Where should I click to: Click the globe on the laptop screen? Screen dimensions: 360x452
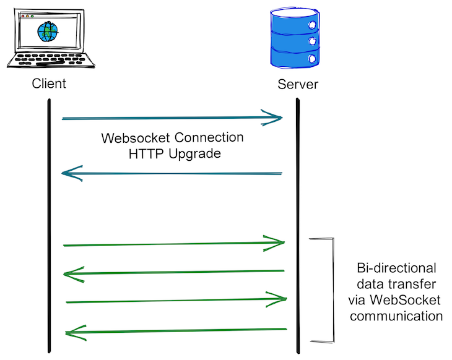click(x=46, y=32)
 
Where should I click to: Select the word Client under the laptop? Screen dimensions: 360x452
click(x=49, y=84)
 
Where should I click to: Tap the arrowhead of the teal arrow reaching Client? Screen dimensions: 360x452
click(x=72, y=173)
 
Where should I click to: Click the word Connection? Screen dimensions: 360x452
click(x=209, y=137)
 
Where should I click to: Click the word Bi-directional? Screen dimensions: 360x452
click(x=397, y=268)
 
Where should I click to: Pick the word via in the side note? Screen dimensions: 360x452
click(x=359, y=301)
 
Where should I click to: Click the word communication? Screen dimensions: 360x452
click(x=397, y=317)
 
